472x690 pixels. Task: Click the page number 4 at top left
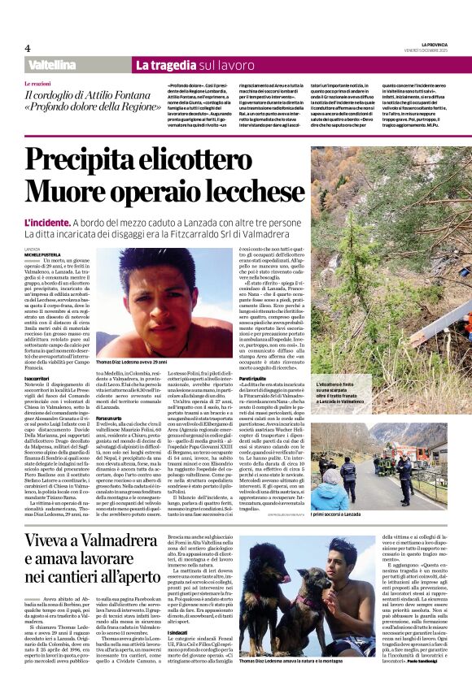pos(28,48)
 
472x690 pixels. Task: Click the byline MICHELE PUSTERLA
pos(46,254)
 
